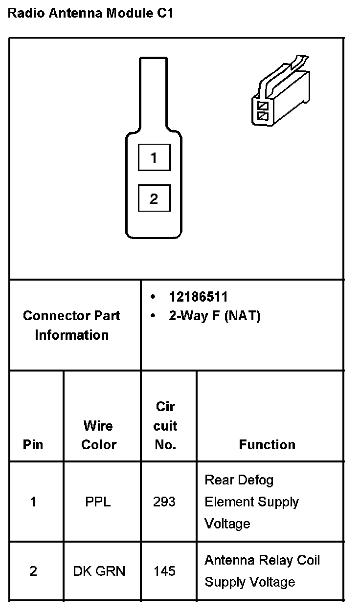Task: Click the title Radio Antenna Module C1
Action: (90, 13)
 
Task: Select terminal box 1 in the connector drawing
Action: (154, 157)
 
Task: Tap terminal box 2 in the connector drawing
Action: (154, 198)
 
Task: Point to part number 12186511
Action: (198, 297)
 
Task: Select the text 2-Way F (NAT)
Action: (215, 316)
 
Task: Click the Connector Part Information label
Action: (71, 325)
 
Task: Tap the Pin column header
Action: (33, 444)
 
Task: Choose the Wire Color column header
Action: (99, 435)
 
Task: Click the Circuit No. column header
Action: (165, 426)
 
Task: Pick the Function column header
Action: (267, 444)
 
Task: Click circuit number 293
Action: (164, 502)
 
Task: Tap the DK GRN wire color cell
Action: (99, 571)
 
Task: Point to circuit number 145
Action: (164, 571)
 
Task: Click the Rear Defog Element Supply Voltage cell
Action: (251, 502)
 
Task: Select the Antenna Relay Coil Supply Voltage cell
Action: (262, 571)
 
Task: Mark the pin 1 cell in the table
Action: (33, 502)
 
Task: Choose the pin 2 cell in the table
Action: (33, 571)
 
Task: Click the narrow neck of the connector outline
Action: (154, 93)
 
